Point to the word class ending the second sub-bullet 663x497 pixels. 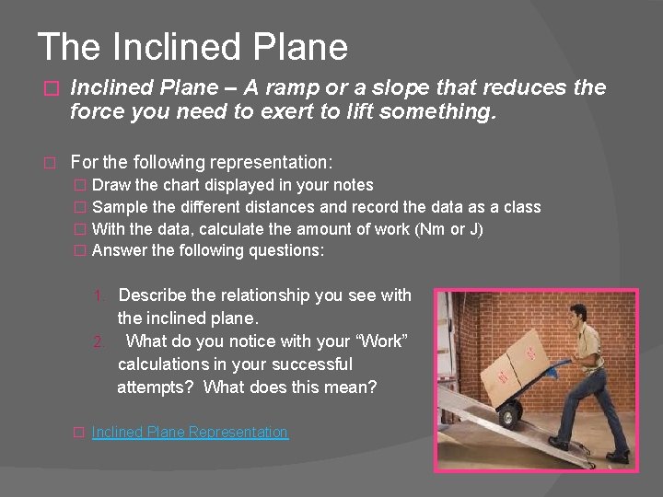[520, 207]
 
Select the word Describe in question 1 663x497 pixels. [156, 295]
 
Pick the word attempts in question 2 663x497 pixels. [155, 387]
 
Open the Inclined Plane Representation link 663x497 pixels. [190, 433]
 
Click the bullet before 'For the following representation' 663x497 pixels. [52, 163]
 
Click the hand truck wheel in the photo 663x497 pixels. [506, 419]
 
